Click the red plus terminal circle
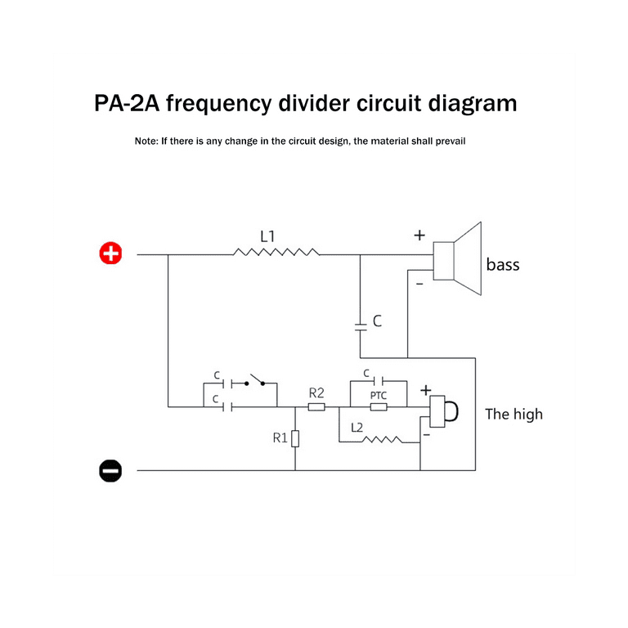pyautogui.click(x=110, y=254)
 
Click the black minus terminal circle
pyautogui.click(x=110, y=470)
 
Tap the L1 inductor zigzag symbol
pyautogui.click(x=276, y=253)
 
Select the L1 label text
pyautogui.click(x=267, y=236)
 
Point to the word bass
pyautogui.click(x=502, y=265)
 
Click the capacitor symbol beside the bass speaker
pyautogui.click(x=361, y=325)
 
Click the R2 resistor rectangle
pyautogui.click(x=316, y=406)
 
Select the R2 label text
pyautogui.click(x=316, y=393)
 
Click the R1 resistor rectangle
pyautogui.click(x=295, y=439)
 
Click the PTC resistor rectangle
pyautogui.click(x=378, y=406)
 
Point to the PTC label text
pyautogui.click(x=378, y=395)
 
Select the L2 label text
pyautogui.click(x=357, y=428)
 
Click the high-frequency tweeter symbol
pyautogui.click(x=445, y=411)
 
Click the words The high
pyautogui.click(x=514, y=414)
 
